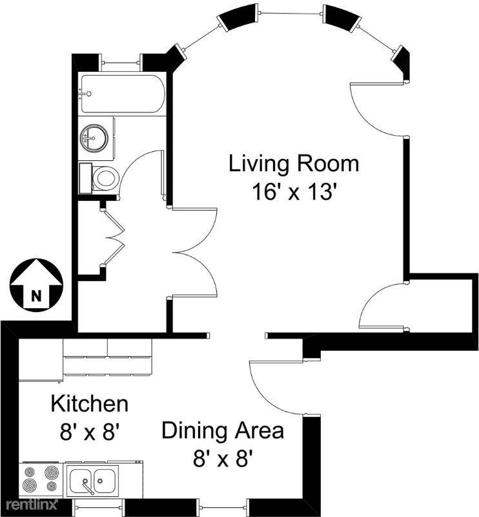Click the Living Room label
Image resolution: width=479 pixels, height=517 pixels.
tap(294, 164)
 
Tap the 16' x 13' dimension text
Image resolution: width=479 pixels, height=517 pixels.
tap(294, 191)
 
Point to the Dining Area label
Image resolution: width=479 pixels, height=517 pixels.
tap(223, 430)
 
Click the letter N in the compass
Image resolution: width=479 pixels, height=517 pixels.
tap(36, 296)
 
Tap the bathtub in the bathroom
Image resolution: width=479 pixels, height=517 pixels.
tap(123, 94)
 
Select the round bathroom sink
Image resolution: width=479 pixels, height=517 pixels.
tap(94, 138)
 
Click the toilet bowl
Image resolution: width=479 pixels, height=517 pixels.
tap(106, 178)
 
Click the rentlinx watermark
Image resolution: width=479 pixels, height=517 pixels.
tap(32, 505)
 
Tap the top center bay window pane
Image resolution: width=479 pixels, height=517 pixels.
tap(291, 14)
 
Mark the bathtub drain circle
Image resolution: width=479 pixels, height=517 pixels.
tap(88, 94)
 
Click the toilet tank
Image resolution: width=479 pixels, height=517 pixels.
tap(85, 179)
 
